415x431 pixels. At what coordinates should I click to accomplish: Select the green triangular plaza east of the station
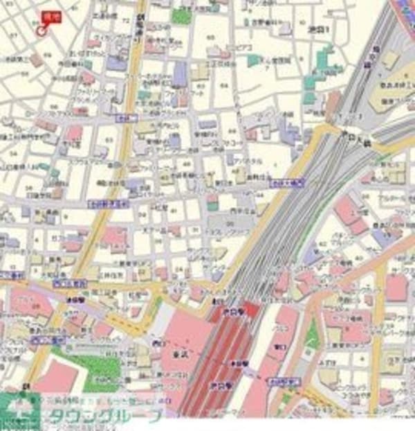click(313, 337)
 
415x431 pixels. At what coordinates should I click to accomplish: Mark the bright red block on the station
click(249, 309)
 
